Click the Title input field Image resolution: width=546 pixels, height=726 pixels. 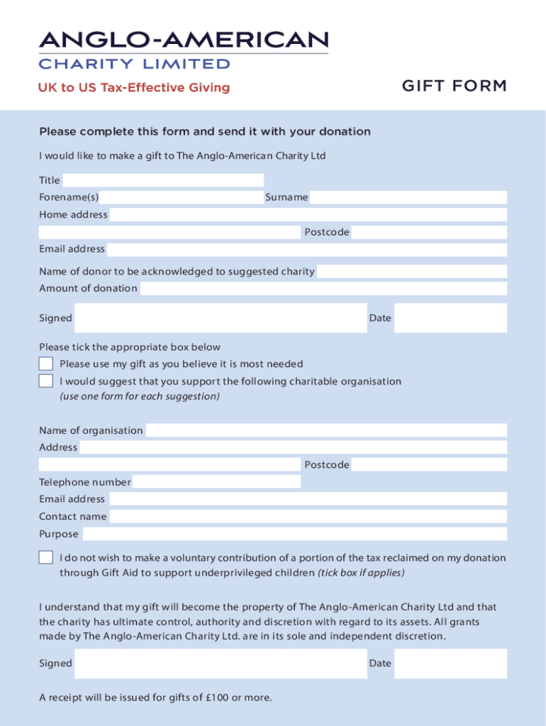pyautogui.click(x=163, y=180)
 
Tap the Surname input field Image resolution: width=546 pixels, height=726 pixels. pyautogui.click(x=408, y=197)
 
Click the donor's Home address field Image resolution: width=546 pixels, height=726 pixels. pyautogui.click(x=308, y=215)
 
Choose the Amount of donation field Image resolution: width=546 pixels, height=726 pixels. pyautogui.click(x=323, y=289)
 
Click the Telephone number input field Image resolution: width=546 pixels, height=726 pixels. pyautogui.click(x=216, y=482)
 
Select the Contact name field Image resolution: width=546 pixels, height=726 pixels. pyautogui.click(x=308, y=517)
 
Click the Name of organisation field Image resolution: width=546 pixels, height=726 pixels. pyautogui.click(x=326, y=430)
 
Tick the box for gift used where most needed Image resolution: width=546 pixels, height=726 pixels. pyautogui.click(x=46, y=364)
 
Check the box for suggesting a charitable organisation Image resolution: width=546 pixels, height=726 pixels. pyautogui.click(x=46, y=381)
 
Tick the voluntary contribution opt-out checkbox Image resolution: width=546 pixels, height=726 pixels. pyautogui.click(x=46, y=557)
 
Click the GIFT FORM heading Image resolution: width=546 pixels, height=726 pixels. pyautogui.click(x=455, y=86)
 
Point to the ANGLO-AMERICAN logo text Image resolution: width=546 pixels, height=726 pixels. pyautogui.click(x=184, y=40)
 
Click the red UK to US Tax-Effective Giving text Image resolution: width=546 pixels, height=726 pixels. pyautogui.click(x=134, y=88)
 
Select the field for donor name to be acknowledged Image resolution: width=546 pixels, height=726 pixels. pyautogui.click(x=412, y=272)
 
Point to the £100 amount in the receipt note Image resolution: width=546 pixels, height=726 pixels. pyautogui.click(x=213, y=698)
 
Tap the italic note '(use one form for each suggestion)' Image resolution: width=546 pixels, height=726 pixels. pyautogui.click(x=140, y=396)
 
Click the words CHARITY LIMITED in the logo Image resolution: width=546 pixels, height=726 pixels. pyautogui.click(x=134, y=64)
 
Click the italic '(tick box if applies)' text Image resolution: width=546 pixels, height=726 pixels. pyautogui.click(x=361, y=573)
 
